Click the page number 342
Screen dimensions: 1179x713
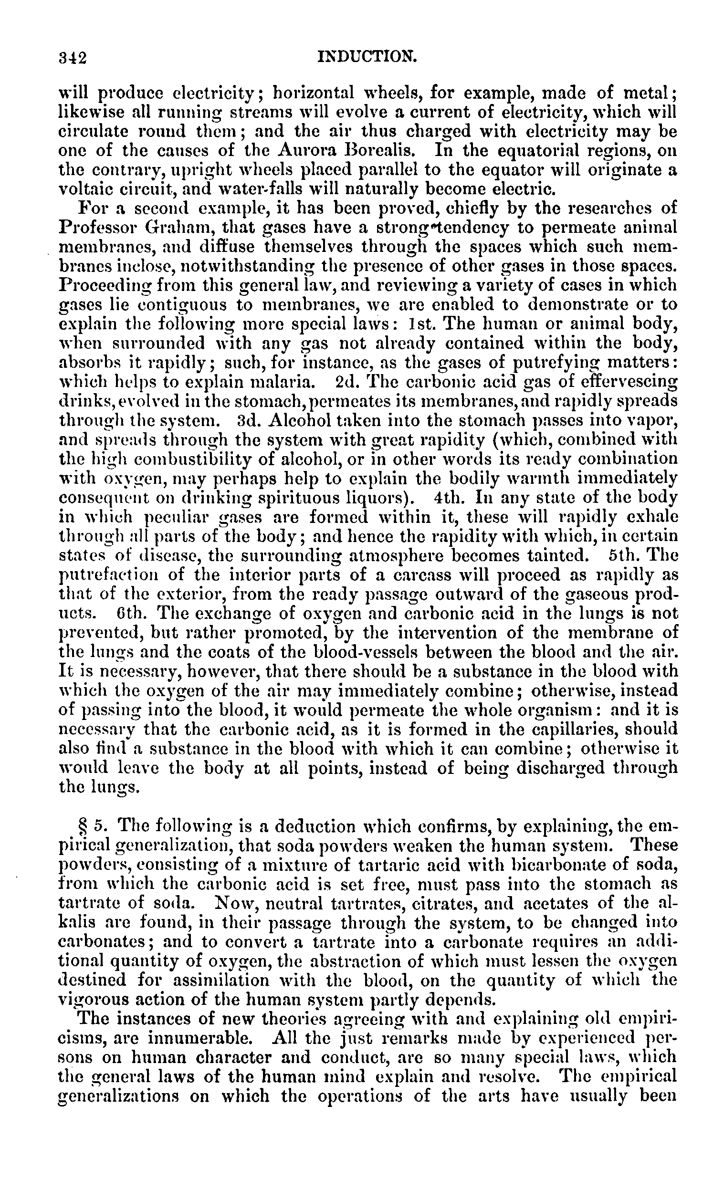[72, 58]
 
